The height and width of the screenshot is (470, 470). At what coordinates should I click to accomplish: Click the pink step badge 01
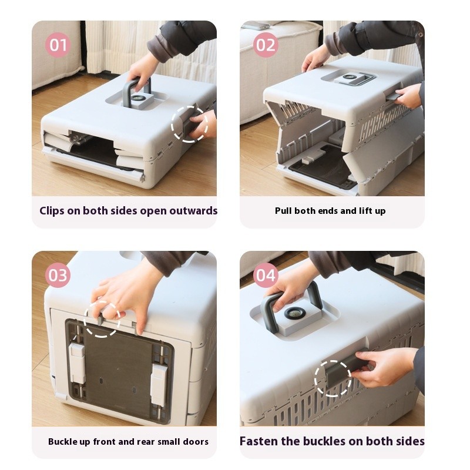tap(58, 45)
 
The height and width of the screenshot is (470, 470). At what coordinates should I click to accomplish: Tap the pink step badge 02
tap(266, 45)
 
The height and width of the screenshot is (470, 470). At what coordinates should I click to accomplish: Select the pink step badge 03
tap(58, 275)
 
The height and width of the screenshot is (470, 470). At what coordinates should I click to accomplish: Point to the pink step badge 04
tap(266, 275)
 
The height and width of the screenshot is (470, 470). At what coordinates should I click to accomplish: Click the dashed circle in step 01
tap(189, 124)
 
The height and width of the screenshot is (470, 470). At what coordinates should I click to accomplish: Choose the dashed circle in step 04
tap(333, 378)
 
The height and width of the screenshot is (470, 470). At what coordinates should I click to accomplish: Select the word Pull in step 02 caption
tap(284, 211)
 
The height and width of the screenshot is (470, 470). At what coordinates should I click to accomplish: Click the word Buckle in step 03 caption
tap(63, 441)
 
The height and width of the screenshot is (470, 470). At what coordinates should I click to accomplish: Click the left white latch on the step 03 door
tap(77, 364)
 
